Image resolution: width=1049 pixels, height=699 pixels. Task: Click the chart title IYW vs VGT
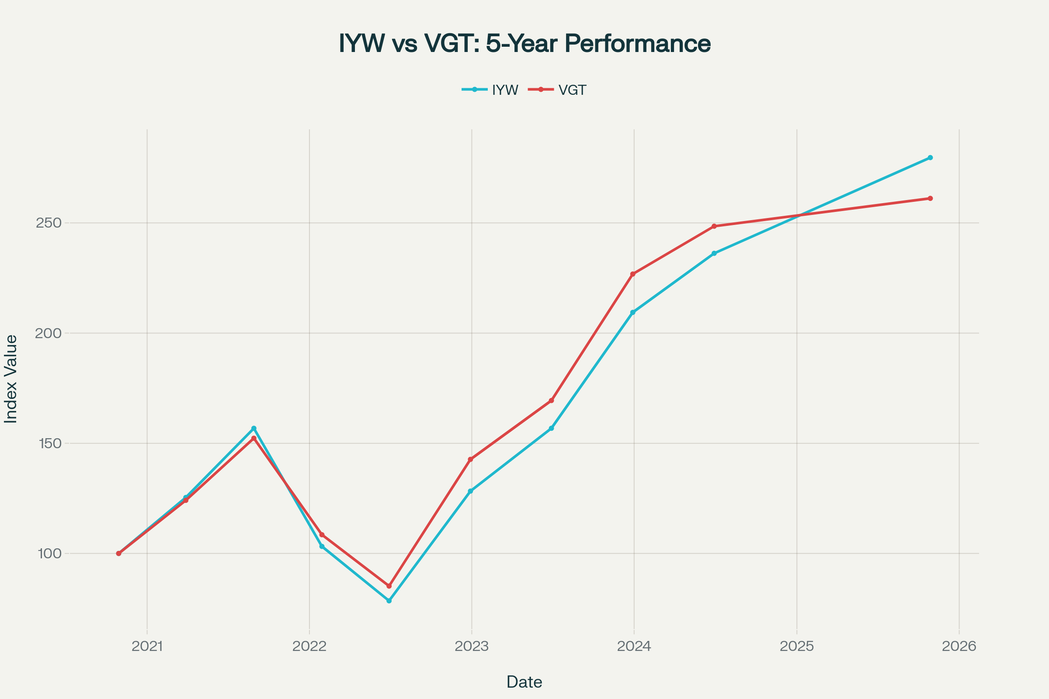click(x=524, y=43)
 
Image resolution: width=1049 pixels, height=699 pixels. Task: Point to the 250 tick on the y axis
click(x=49, y=223)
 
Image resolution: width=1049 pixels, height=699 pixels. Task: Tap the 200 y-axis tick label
click(x=49, y=333)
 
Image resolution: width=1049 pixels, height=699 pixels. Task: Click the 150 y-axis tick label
click(x=49, y=443)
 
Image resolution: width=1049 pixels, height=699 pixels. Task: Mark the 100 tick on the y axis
click(x=49, y=554)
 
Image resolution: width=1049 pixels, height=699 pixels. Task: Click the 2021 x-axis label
click(x=147, y=647)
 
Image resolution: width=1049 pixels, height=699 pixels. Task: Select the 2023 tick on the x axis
click(x=472, y=647)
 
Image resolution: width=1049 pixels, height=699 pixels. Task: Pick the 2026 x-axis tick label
click(x=959, y=647)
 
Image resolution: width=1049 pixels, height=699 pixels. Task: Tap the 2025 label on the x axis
click(x=796, y=647)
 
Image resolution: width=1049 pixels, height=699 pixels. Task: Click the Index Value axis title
click(x=10, y=379)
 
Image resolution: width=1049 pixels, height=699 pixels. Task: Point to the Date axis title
click(x=524, y=682)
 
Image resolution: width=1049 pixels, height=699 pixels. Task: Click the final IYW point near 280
click(x=930, y=158)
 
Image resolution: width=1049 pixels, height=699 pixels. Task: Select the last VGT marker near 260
click(x=930, y=198)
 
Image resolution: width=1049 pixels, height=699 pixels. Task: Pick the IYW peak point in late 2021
click(x=254, y=429)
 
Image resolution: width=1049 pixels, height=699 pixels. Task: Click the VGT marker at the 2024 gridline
click(x=632, y=274)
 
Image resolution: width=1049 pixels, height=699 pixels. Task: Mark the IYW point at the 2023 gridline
click(x=470, y=491)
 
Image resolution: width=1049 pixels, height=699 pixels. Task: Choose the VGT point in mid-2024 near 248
click(x=714, y=226)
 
